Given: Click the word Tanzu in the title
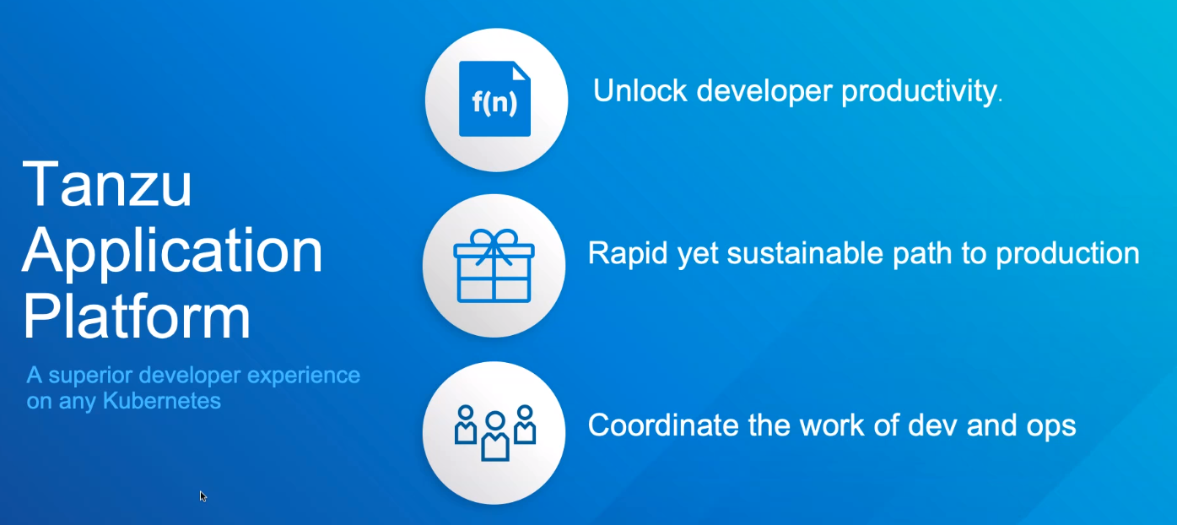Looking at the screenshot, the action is [107, 184].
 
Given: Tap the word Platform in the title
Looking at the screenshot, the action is [137, 316].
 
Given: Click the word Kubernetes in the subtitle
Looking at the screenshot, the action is [162, 401].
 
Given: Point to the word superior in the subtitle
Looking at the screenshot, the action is [90, 376].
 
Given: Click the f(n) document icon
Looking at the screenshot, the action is [494, 99].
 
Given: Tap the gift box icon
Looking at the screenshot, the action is [494, 265].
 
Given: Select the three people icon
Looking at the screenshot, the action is [495, 432].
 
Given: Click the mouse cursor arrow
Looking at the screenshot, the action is [202, 496].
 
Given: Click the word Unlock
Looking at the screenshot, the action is [640, 90].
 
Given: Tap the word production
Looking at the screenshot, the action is [1067, 254].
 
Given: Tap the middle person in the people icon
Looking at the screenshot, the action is [495, 436].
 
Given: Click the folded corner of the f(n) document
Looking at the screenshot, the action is [521, 72].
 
